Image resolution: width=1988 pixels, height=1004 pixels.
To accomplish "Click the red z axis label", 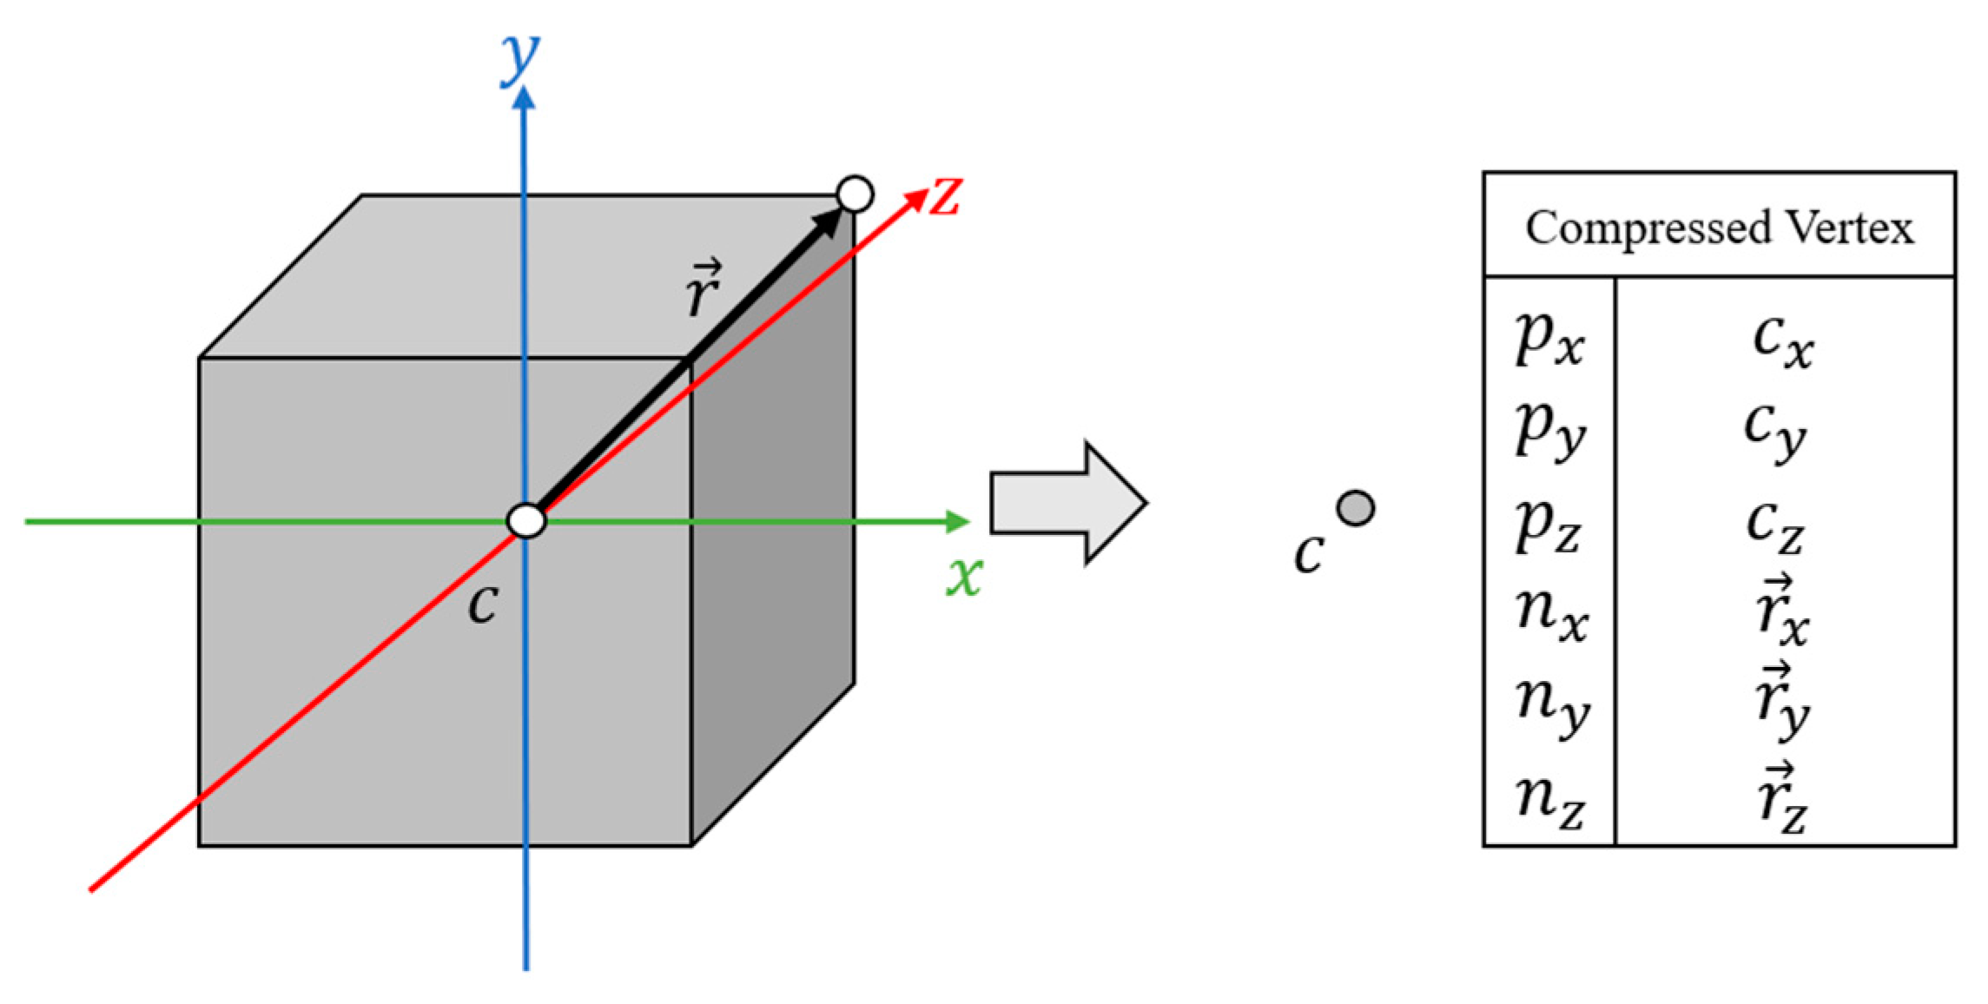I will point(945,196).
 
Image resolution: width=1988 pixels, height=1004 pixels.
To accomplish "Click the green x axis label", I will point(965,576).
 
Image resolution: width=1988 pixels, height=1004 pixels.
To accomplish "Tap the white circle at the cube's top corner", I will point(855,194).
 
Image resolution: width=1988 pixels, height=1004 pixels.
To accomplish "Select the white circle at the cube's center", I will point(526,521).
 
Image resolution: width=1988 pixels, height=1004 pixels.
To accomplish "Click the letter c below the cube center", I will point(483,604).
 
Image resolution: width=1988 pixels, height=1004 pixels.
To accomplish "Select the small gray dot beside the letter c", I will point(1356,508).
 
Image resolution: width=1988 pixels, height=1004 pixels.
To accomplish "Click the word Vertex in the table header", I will point(1850,228).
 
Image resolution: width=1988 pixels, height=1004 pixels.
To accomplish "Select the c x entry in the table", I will point(1782,340).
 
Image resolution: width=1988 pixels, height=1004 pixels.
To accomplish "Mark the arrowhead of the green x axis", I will point(958,521).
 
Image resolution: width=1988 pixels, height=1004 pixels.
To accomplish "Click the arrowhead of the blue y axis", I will point(524,98).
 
